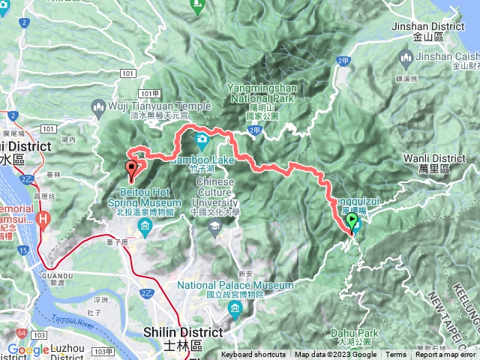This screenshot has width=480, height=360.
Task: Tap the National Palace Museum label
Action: [x=235, y=286]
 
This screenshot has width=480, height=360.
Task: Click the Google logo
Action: [x=28, y=349]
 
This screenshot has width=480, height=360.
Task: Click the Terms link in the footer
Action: [x=395, y=355]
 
